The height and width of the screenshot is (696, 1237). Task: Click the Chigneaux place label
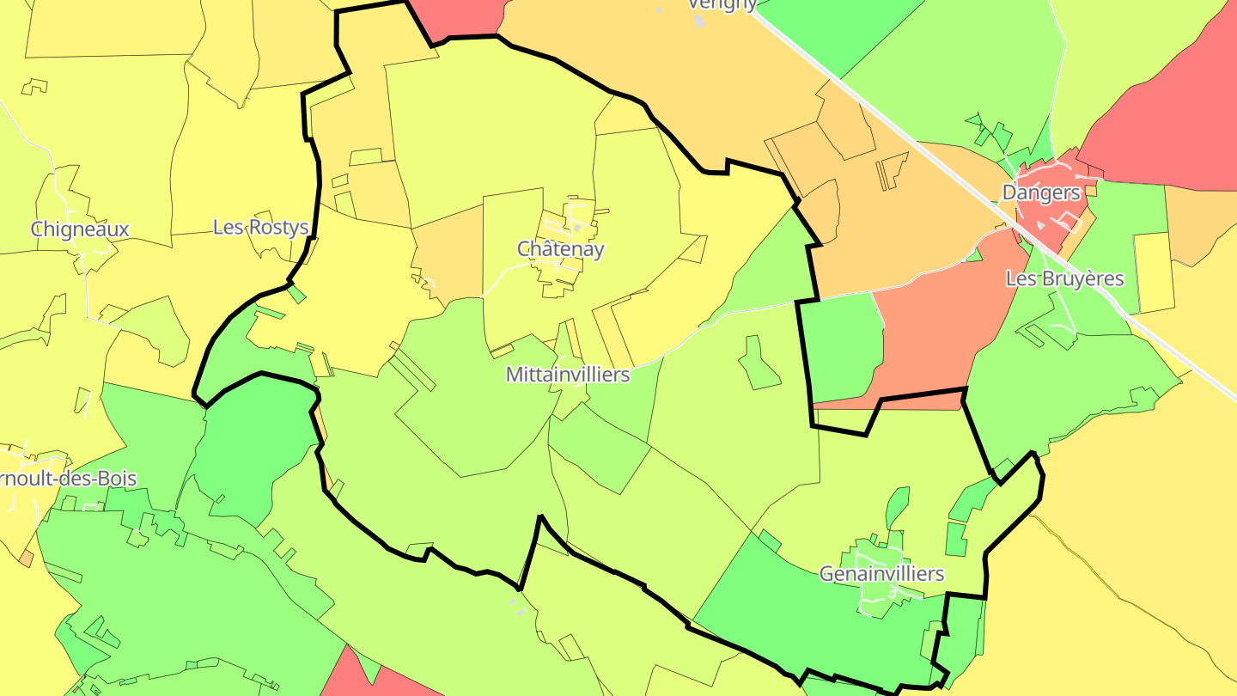(x=80, y=229)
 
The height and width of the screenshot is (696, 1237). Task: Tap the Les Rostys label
(x=260, y=228)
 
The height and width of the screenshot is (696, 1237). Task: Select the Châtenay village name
(x=560, y=249)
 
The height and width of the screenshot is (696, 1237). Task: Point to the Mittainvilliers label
(x=568, y=375)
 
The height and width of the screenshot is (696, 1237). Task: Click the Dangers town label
(x=1041, y=192)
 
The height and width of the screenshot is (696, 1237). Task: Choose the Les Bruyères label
(x=1065, y=278)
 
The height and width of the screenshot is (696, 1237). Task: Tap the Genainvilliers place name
(x=881, y=573)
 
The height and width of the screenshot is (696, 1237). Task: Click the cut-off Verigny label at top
(x=722, y=5)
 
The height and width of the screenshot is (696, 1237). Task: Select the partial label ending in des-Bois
(x=68, y=479)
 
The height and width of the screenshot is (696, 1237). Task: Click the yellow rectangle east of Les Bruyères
(x=1155, y=272)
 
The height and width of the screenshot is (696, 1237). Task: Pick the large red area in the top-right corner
(x=1177, y=112)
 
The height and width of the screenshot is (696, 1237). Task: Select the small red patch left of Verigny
(x=455, y=17)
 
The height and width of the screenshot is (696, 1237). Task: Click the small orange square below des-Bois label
(x=27, y=559)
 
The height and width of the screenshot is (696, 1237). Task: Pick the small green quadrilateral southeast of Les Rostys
(x=296, y=294)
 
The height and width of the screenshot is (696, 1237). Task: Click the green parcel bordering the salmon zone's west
(x=842, y=344)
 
